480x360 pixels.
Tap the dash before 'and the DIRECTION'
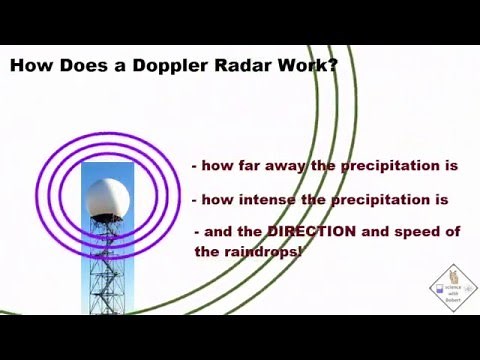(x=198, y=232)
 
